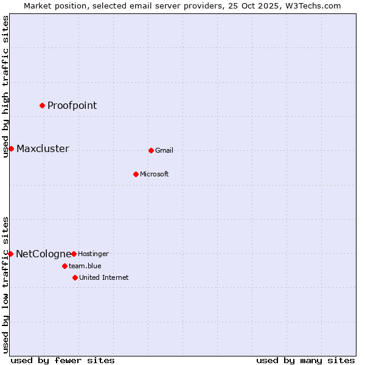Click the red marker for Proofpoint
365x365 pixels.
[x=42, y=105]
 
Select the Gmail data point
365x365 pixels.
[x=151, y=150]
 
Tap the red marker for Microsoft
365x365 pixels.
[x=136, y=174]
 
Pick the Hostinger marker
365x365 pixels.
[x=74, y=254]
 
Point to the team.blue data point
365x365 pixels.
[x=64, y=266]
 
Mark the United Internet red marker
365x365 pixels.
[x=75, y=277]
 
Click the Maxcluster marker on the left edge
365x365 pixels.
[x=11, y=148]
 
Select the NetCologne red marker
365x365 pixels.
[x=10, y=254]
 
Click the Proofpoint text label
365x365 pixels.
[x=72, y=105]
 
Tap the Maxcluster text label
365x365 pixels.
[x=43, y=149]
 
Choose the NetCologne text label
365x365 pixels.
[x=43, y=254]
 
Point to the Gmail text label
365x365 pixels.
[x=164, y=150]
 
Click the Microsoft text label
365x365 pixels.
[x=155, y=174]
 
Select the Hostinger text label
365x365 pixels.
[x=93, y=254]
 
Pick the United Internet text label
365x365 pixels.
[x=103, y=277]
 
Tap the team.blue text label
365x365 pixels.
[x=85, y=266]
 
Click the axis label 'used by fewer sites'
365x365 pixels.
[x=63, y=360]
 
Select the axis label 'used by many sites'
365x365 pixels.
[x=305, y=360]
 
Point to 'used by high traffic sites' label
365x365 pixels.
[x=5, y=86]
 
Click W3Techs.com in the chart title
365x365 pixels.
[x=312, y=5]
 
